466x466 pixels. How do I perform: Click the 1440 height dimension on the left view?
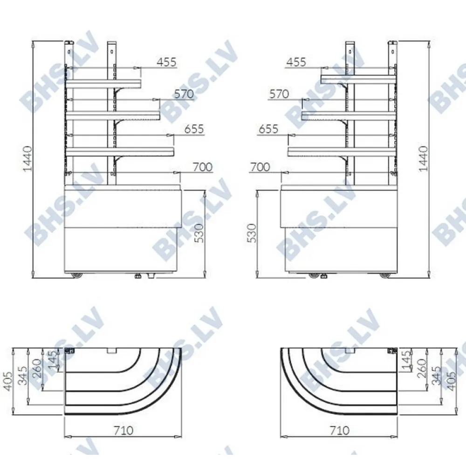click(27, 158)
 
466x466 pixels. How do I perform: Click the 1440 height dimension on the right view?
click(423, 158)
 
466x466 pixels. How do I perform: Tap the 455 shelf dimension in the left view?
click(166, 62)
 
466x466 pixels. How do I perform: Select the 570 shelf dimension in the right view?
click(279, 94)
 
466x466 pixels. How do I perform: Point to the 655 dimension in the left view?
click(194, 129)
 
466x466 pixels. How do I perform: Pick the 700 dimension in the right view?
click(260, 167)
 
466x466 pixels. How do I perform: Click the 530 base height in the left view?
click(200, 233)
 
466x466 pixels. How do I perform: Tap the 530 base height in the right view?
click(252, 233)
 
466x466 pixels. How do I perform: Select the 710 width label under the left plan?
click(123, 430)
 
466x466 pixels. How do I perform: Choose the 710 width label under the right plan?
click(339, 430)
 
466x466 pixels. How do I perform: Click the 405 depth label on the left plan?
click(7, 381)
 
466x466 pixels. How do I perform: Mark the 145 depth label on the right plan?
click(406, 360)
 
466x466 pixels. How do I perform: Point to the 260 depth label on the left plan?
click(37, 369)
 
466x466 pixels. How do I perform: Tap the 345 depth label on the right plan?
click(436, 376)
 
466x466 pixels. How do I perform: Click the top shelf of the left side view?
click(103, 84)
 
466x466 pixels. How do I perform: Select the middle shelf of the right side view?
click(349, 116)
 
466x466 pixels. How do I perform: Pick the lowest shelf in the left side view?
click(120, 152)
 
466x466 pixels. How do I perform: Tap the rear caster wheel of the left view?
click(77, 275)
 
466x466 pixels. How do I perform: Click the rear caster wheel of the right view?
click(385, 275)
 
